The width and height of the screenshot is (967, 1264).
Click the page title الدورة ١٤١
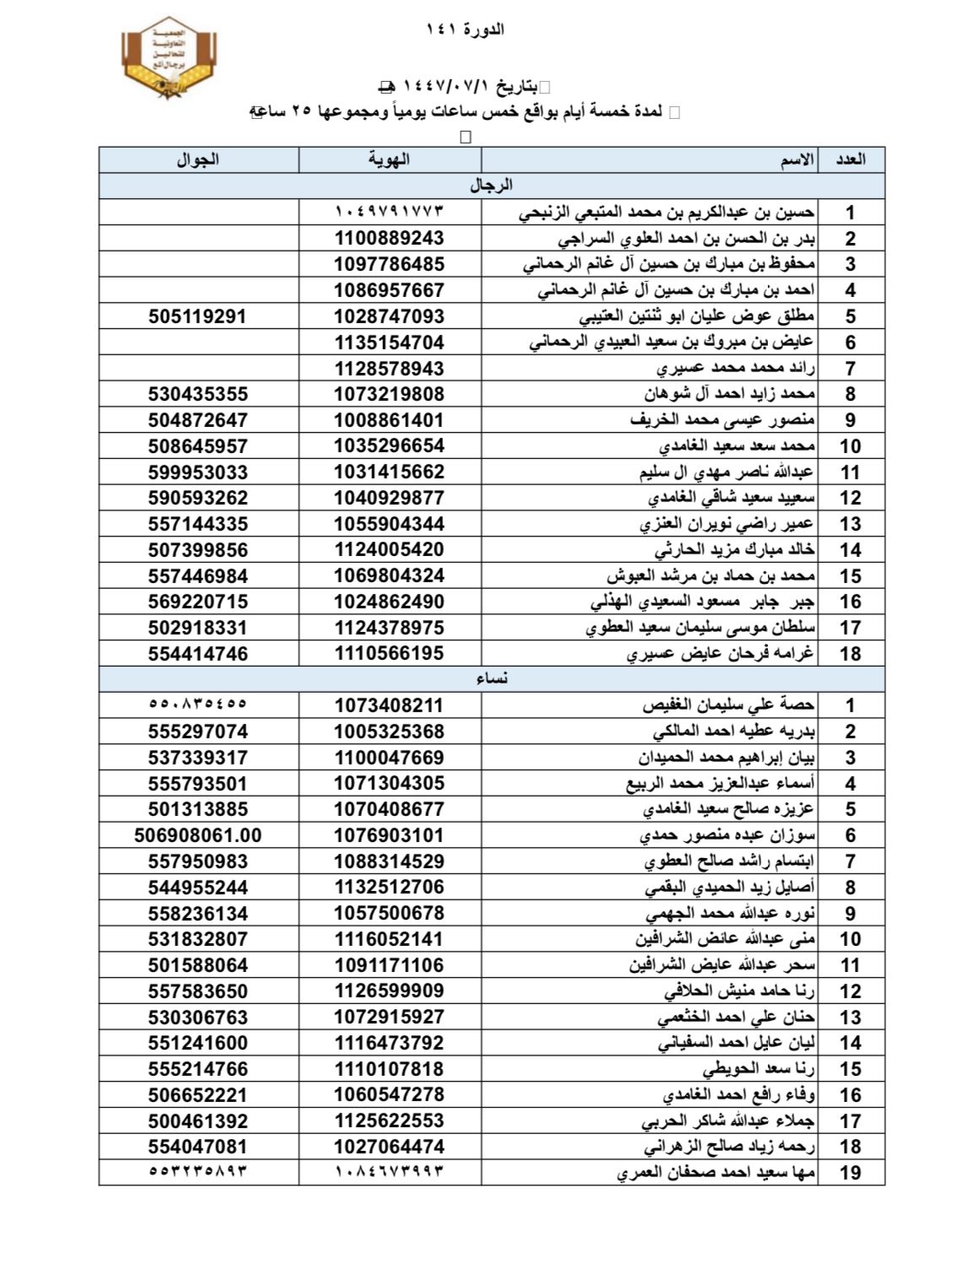(x=465, y=30)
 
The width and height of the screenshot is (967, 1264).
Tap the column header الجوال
(x=197, y=159)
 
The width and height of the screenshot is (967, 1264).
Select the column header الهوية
(x=389, y=159)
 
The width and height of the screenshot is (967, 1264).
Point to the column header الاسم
(x=797, y=159)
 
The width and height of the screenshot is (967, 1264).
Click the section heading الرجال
(x=491, y=185)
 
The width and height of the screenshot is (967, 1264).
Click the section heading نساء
(x=491, y=678)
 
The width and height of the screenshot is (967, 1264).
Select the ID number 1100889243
(x=389, y=238)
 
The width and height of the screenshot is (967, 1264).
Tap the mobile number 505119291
(x=197, y=316)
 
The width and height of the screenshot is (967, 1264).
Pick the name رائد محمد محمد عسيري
(x=735, y=369)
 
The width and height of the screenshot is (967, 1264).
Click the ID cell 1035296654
(x=389, y=446)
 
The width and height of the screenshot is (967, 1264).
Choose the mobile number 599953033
(x=197, y=472)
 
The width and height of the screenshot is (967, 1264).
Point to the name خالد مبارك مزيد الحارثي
(x=734, y=550)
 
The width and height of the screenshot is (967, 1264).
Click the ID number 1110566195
(x=389, y=653)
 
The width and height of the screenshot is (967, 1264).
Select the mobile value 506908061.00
(x=197, y=835)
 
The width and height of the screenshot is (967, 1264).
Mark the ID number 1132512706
(x=389, y=887)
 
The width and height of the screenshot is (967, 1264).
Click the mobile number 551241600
(x=197, y=1043)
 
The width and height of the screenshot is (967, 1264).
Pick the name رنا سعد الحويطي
(x=759, y=1069)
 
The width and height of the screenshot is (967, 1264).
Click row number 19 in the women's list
(x=850, y=1172)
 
